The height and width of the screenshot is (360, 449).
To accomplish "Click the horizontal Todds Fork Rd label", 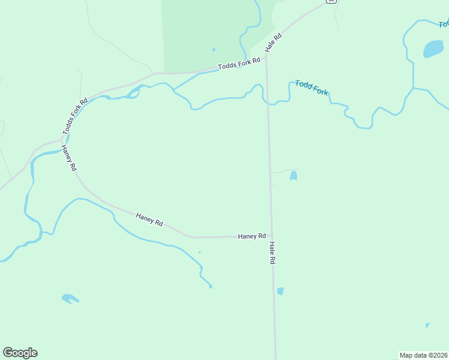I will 239,62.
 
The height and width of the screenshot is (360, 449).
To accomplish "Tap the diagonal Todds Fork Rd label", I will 75,116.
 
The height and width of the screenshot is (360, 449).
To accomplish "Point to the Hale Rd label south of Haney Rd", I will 273,253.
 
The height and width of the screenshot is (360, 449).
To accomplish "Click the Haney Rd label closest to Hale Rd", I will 252,236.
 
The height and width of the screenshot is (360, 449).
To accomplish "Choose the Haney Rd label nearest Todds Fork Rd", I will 70,158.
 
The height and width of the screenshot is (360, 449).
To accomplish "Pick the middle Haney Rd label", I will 149,219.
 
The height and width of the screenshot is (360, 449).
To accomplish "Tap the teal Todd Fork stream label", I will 312,88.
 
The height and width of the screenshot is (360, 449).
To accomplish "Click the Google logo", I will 20,353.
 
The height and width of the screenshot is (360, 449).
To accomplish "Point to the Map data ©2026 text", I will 423,355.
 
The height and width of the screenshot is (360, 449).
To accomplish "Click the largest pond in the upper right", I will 433,49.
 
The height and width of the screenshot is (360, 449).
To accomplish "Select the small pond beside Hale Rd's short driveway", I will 293,176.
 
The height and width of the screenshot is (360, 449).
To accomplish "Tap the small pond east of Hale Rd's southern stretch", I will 280,291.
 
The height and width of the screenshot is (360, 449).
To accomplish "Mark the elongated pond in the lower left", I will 70,298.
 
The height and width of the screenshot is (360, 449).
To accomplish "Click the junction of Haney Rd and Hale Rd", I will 271,236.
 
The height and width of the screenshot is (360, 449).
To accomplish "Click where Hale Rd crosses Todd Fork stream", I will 268,103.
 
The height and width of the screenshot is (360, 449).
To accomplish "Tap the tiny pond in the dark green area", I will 213,50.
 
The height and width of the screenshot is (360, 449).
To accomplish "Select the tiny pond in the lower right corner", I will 427,325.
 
